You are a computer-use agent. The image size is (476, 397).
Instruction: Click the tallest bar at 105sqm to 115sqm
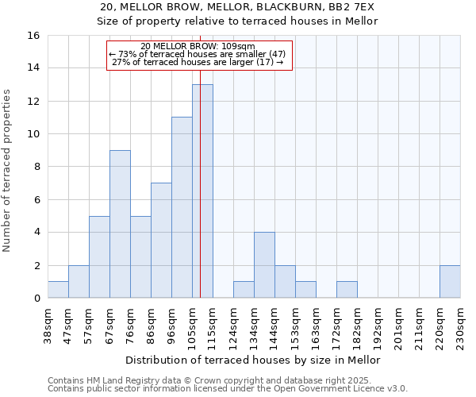[202, 191]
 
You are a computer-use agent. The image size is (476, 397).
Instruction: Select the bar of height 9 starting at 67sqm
[120, 224]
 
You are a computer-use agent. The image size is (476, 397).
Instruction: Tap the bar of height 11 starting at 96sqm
[182, 208]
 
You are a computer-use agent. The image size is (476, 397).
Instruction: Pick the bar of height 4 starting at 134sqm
[264, 265]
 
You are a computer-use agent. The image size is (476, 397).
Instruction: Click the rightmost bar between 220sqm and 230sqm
[450, 282]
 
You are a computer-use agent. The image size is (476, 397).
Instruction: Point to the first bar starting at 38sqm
[58, 290]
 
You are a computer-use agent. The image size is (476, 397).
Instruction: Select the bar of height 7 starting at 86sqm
[161, 241]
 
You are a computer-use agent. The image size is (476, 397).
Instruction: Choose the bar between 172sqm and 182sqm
[347, 290]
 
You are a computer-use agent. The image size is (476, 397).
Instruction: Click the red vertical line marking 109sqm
[200, 238]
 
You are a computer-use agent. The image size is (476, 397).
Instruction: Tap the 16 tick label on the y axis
[33, 36]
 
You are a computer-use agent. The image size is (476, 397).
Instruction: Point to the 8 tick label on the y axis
[36, 167]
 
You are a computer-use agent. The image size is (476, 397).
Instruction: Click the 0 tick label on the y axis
[36, 299]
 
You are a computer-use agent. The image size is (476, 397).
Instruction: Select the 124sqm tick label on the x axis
[233, 323]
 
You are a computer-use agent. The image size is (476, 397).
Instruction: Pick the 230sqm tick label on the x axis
[460, 323]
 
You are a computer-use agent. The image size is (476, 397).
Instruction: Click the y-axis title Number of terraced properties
[8, 171]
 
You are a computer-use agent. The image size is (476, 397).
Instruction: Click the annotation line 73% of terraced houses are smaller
[200, 54]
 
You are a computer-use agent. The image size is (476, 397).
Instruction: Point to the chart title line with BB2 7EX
[238, 7]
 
